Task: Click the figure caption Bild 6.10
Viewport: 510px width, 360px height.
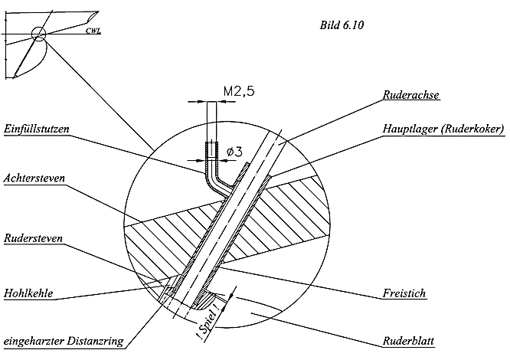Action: [341, 25]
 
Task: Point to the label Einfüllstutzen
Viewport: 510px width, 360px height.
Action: [36, 131]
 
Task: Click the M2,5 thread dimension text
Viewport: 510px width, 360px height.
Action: [238, 92]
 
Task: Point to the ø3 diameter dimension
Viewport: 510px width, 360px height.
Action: [234, 152]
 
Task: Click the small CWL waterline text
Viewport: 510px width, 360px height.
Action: [94, 32]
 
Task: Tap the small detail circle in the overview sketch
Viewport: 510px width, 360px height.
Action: [39, 33]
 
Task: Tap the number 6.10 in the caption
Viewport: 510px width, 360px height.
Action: [352, 25]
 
